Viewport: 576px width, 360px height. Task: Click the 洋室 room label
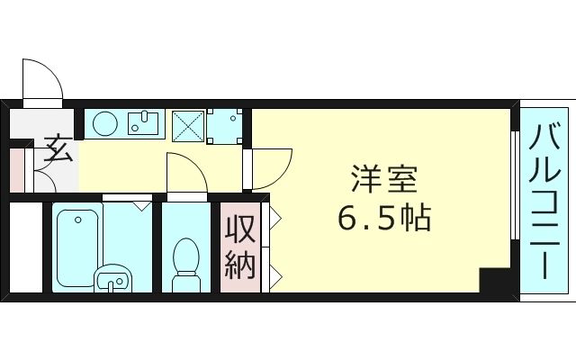[384, 180]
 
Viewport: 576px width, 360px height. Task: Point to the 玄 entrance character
[58, 148]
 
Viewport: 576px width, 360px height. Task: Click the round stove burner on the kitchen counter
[103, 122]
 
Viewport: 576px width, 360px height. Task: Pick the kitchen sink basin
[143, 121]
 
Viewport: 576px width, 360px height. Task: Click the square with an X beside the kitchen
[186, 124]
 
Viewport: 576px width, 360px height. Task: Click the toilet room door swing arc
[186, 174]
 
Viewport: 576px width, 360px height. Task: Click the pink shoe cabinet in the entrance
[17, 168]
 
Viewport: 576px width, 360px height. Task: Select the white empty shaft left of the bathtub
[25, 248]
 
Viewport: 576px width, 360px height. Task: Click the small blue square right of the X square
[224, 127]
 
